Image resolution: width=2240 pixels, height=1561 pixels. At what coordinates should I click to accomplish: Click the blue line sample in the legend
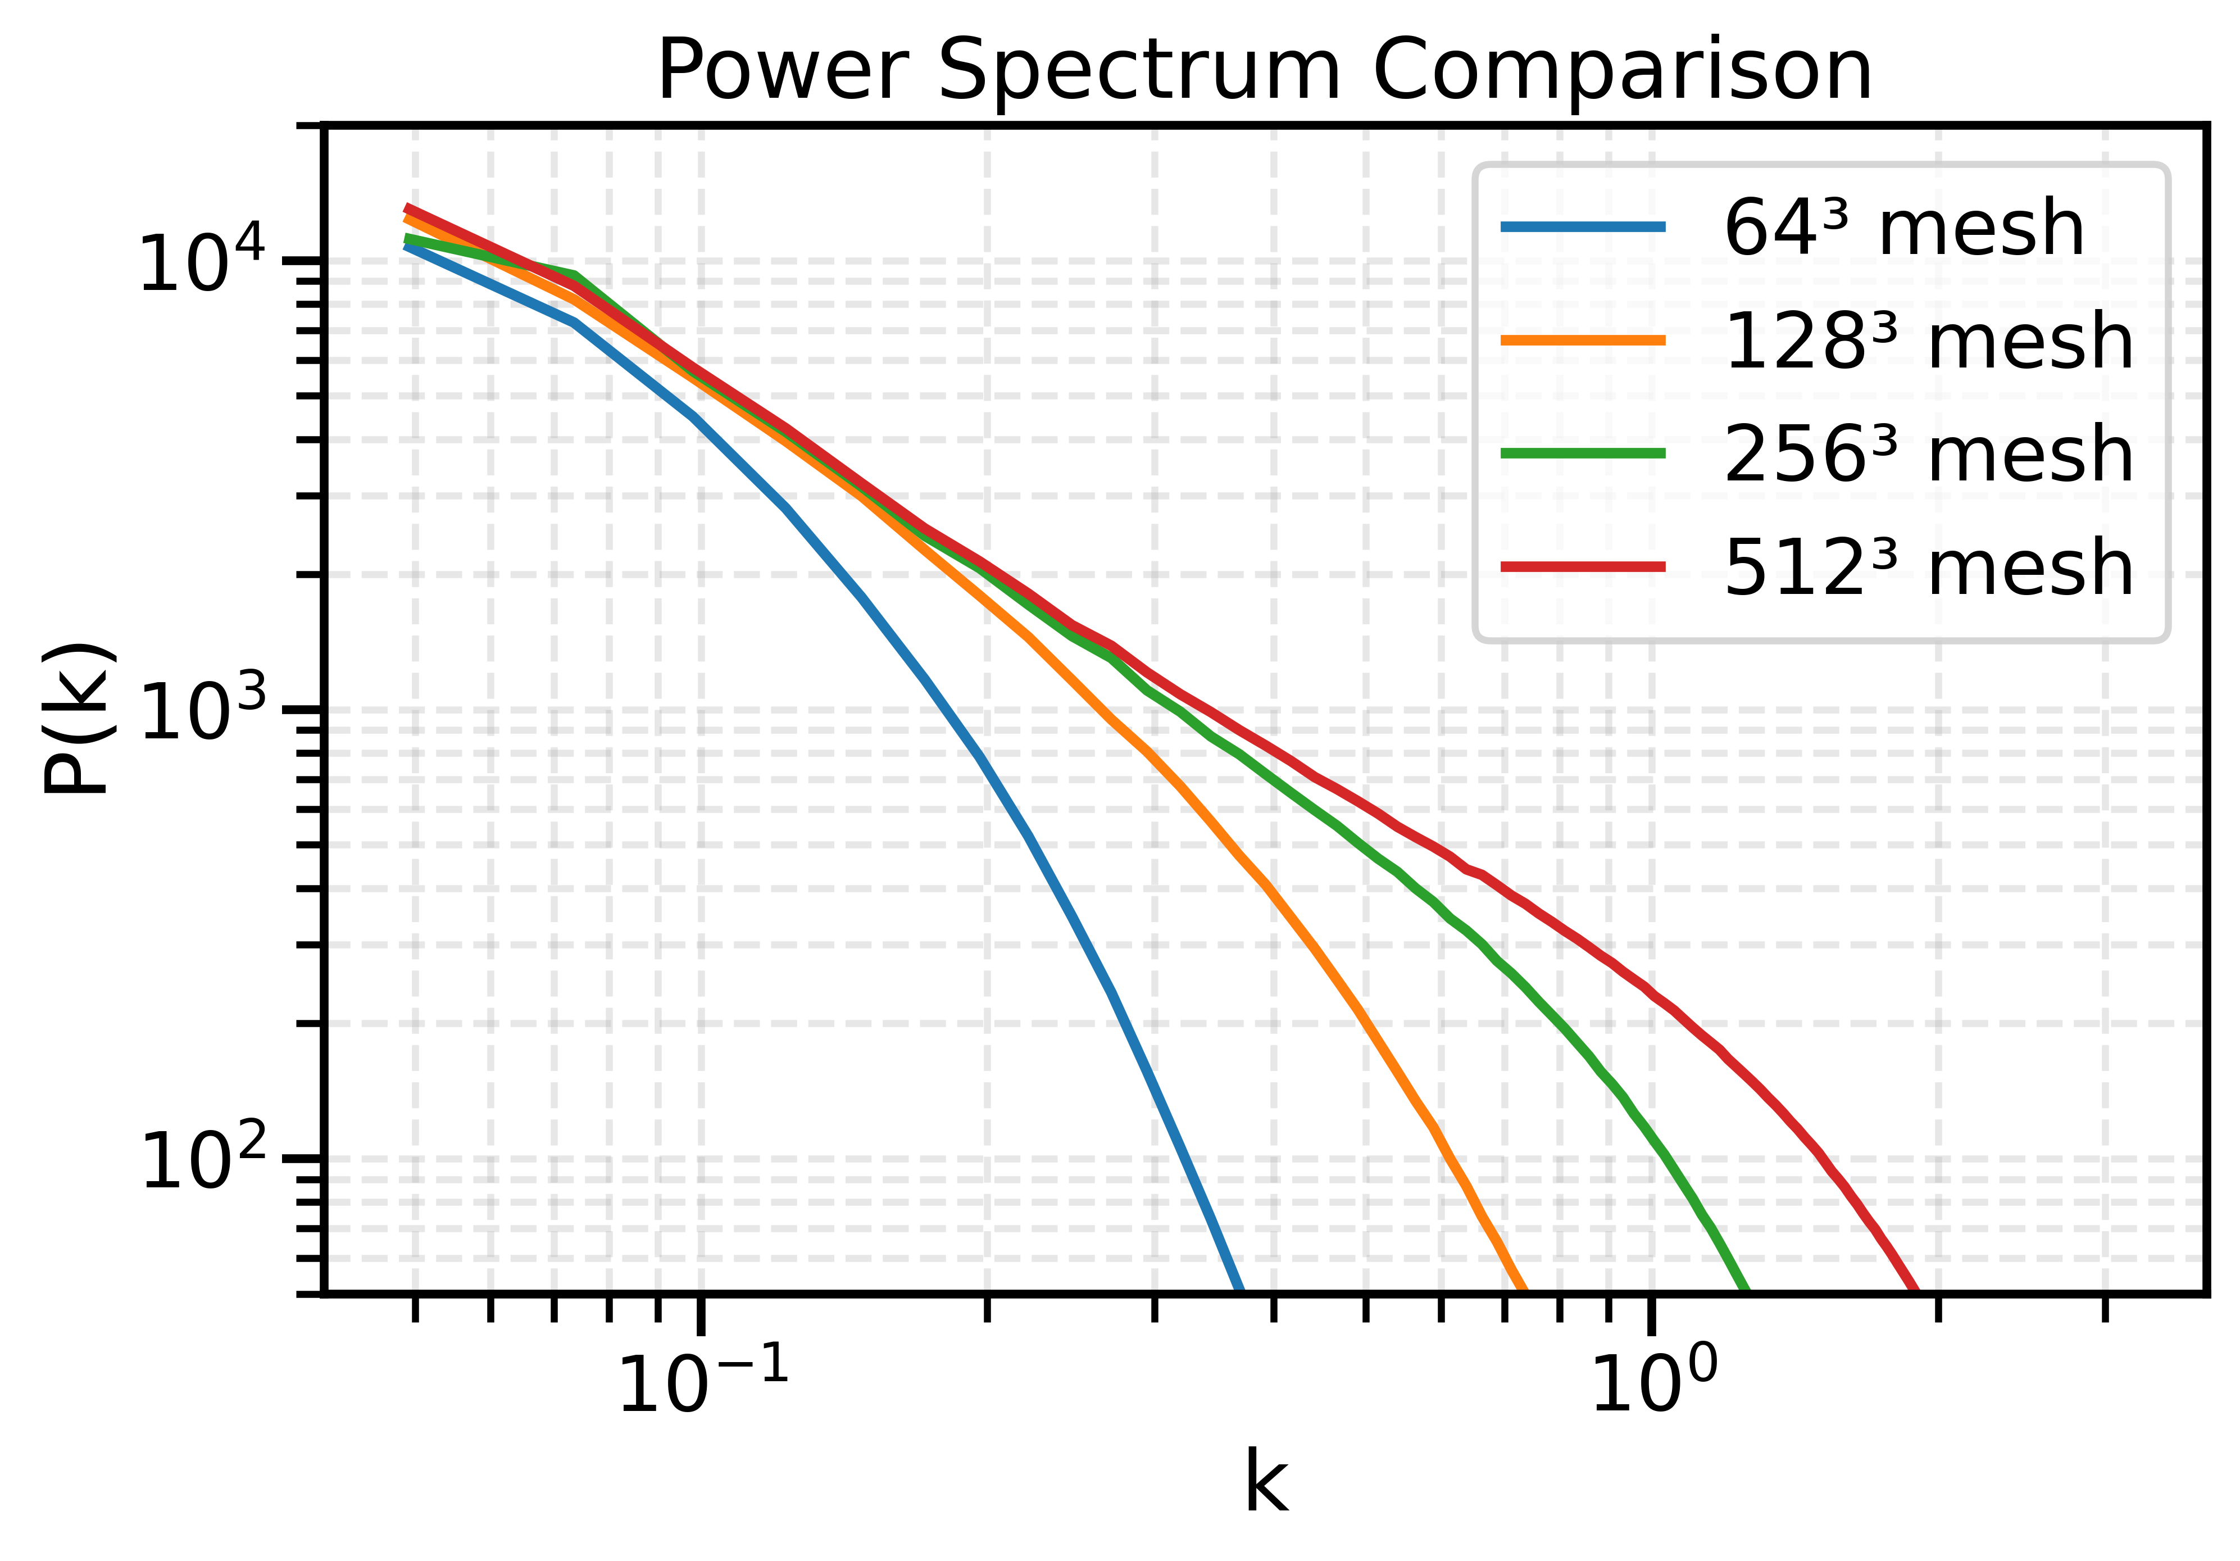point(1583,228)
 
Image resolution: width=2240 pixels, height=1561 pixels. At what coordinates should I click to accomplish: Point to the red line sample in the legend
point(1583,566)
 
